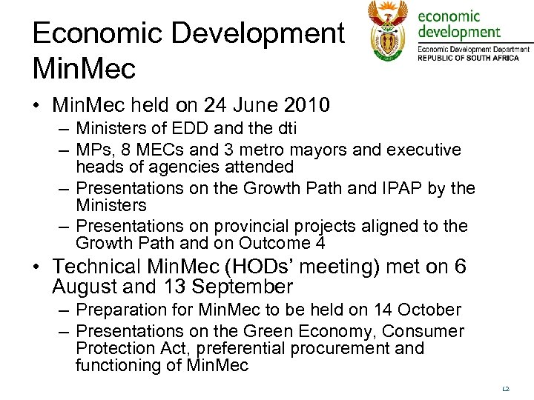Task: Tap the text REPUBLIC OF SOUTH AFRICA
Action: click(468, 57)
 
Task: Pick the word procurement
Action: click(347, 348)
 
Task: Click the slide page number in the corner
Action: click(507, 387)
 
